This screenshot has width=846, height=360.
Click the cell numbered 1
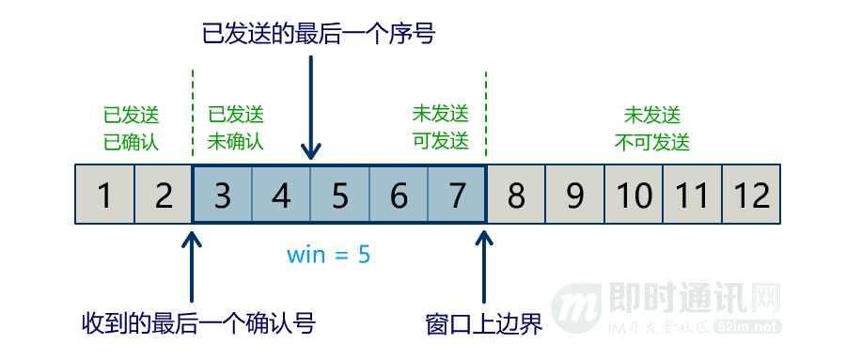(x=104, y=196)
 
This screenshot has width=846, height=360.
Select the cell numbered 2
(x=164, y=196)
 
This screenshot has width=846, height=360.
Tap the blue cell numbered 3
(x=223, y=196)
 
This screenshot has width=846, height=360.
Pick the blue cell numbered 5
(x=340, y=196)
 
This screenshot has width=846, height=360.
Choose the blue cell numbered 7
(x=458, y=196)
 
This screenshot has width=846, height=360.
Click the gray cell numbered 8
(x=516, y=196)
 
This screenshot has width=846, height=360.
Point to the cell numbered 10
(x=634, y=196)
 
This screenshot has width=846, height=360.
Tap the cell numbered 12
(x=752, y=196)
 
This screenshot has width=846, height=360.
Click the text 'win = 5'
(x=329, y=254)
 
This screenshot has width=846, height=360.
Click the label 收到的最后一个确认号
(x=197, y=324)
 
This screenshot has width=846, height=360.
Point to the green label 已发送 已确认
(x=132, y=129)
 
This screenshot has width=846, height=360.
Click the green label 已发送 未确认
(x=236, y=129)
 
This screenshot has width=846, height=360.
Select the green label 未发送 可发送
(x=440, y=129)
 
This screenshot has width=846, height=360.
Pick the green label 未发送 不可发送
(x=652, y=129)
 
